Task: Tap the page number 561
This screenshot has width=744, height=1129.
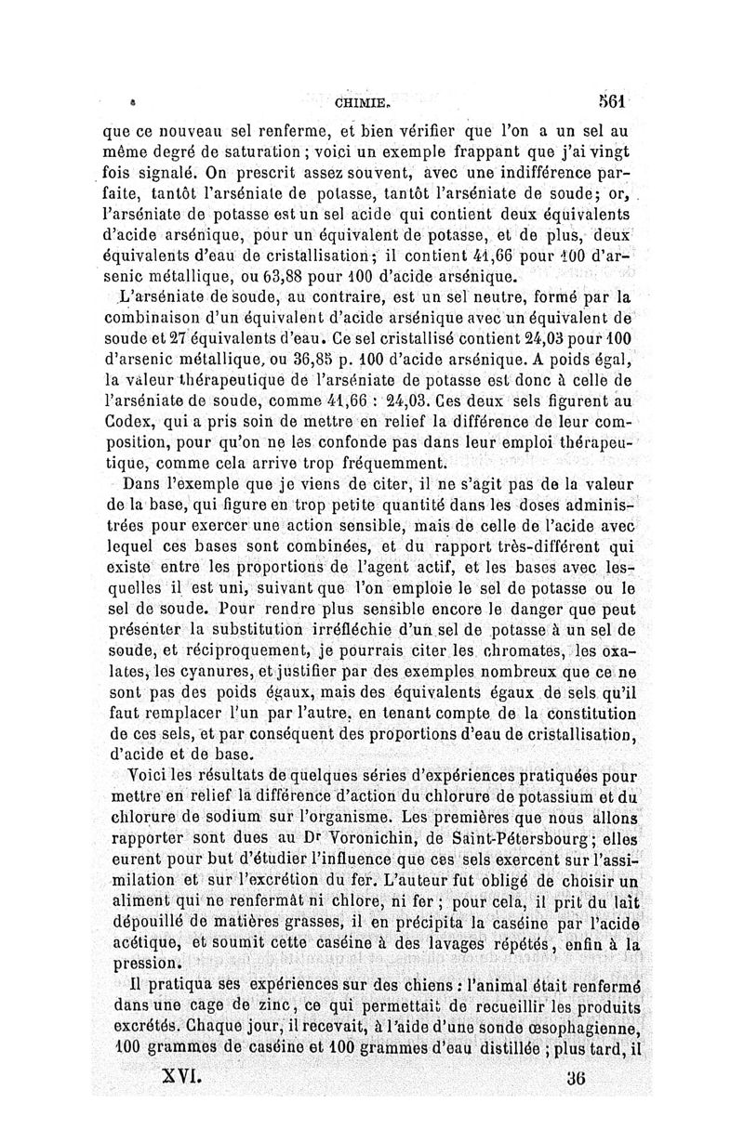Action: click(616, 101)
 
